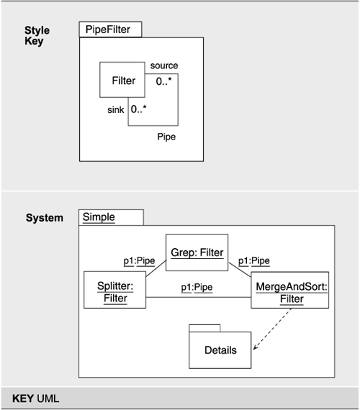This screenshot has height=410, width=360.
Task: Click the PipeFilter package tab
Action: coord(109,29)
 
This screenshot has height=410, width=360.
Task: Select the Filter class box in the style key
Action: coord(123,81)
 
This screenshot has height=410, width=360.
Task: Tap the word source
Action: coord(163,66)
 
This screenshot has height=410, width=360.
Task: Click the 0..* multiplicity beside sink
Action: coord(139,110)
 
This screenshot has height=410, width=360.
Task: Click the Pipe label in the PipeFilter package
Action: coord(166,136)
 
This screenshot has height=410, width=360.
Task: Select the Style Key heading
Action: coord(34,36)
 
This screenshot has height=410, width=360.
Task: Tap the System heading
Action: coord(45,218)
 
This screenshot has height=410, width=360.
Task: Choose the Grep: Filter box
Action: coord(197,252)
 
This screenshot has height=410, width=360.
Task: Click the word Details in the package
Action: coord(220,350)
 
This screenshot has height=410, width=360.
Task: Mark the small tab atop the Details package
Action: coord(204,328)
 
